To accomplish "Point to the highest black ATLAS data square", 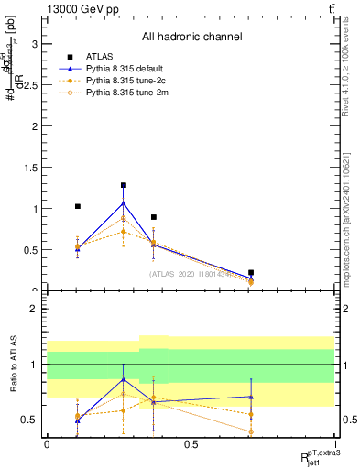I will pos(123,185).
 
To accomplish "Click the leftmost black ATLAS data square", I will pos(77,207).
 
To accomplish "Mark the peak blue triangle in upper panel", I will pos(123,202).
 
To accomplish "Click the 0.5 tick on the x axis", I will pos(191,443).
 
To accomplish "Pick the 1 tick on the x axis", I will pos(334,443).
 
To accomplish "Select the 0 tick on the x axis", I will pos(47,443).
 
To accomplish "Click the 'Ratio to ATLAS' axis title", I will pos(13,365).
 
